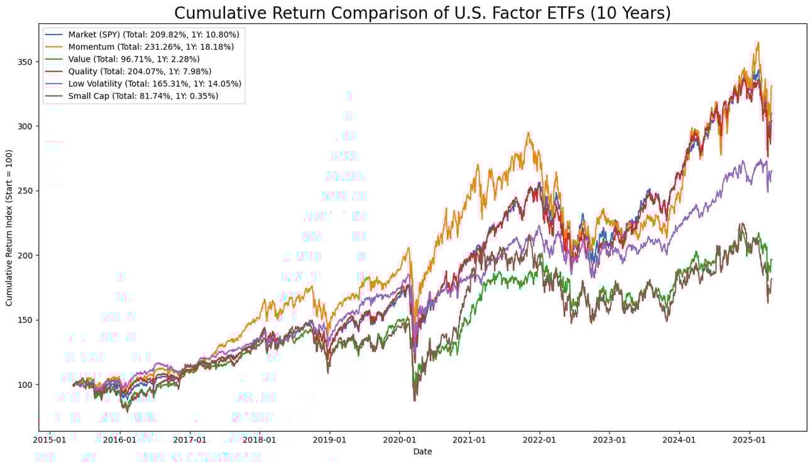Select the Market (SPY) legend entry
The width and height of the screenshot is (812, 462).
[x=153, y=34]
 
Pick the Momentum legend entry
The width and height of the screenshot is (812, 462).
[x=151, y=47]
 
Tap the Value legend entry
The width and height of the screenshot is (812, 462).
[x=134, y=58]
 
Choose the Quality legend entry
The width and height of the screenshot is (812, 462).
[x=140, y=71]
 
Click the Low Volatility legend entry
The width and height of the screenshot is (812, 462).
[x=155, y=84]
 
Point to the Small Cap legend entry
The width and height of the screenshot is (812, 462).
[x=143, y=96]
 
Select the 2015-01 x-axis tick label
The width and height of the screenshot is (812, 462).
[x=50, y=440]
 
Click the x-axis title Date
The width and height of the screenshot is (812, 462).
[x=422, y=451]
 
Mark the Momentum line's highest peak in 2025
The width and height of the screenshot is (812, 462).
[x=758, y=43]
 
